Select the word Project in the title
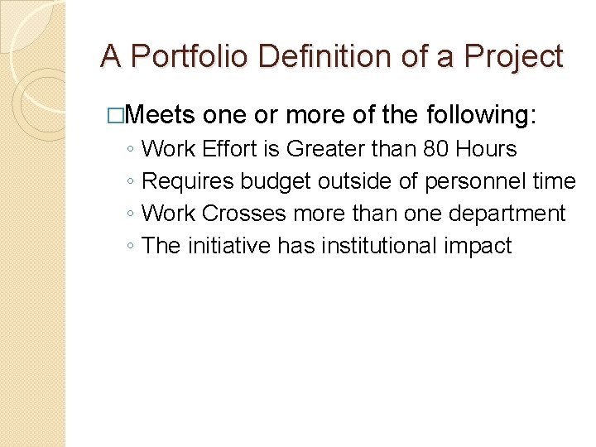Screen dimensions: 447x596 tap(515, 57)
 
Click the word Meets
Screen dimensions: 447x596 tap(161, 114)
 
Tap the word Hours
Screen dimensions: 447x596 tap(486, 149)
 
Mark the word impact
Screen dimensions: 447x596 tap(480, 246)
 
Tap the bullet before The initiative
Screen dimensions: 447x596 tap(132, 247)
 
